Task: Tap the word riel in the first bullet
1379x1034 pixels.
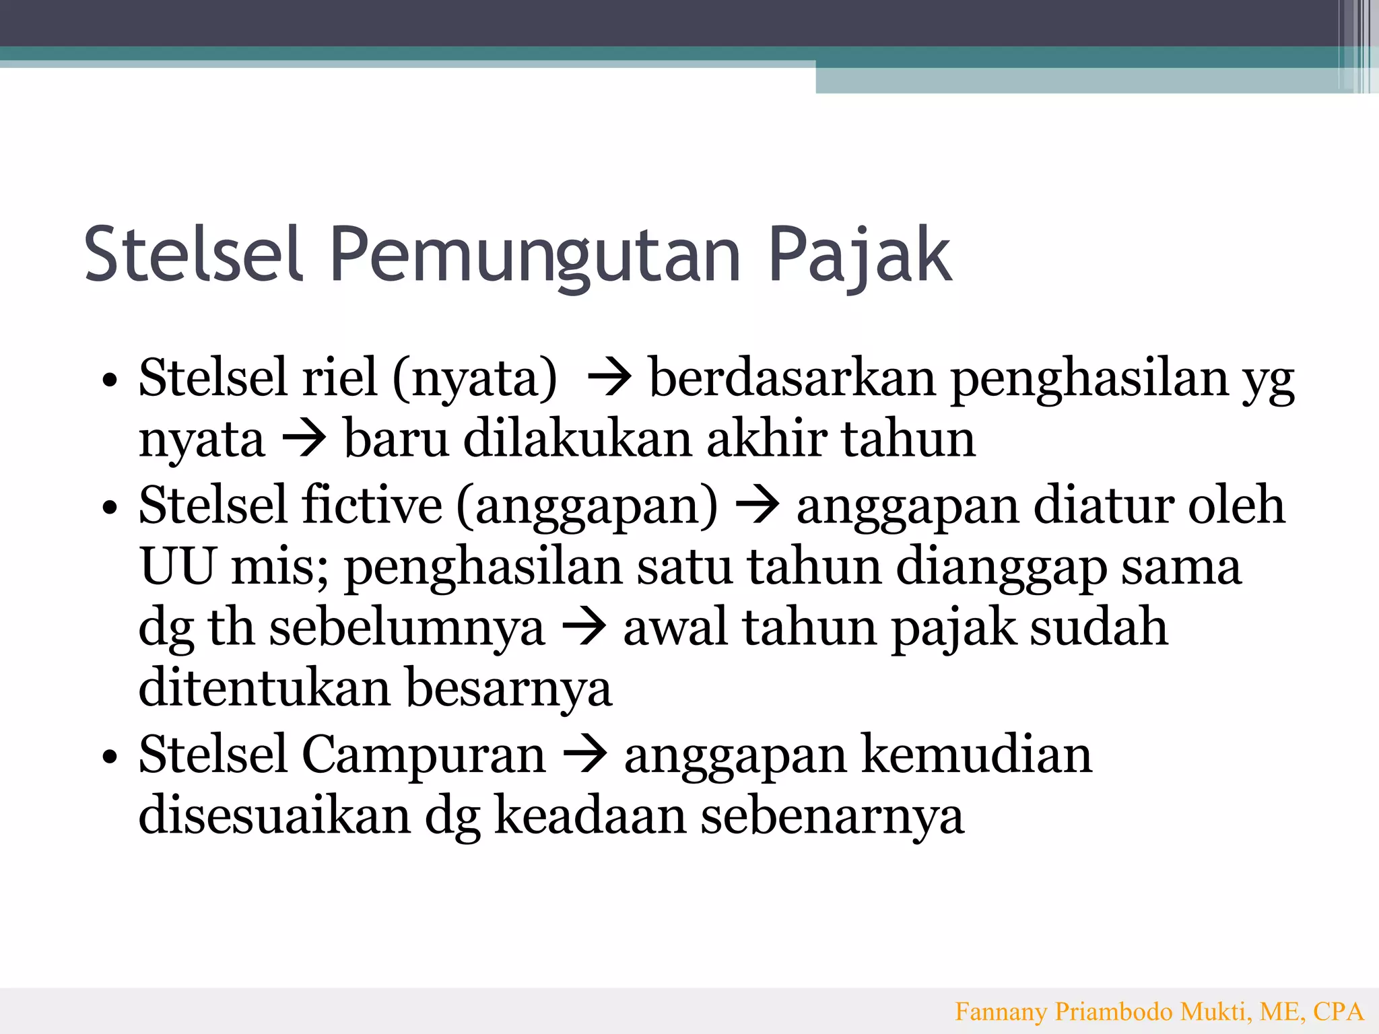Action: point(339,378)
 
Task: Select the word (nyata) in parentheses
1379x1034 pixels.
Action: point(475,379)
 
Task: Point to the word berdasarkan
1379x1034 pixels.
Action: point(792,378)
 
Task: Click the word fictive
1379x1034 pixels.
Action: point(372,505)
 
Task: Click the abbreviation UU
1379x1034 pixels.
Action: point(178,566)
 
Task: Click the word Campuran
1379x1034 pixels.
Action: point(423,755)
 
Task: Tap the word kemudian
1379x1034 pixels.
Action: point(976,755)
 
